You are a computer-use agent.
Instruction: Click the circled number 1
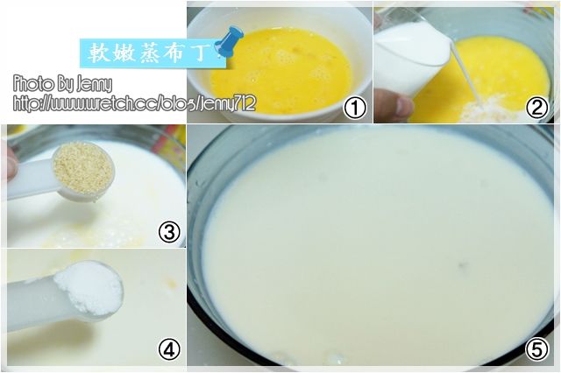(355, 108)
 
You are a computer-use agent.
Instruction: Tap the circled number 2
(537, 108)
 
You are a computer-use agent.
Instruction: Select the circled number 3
(169, 232)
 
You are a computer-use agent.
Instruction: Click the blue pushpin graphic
(229, 41)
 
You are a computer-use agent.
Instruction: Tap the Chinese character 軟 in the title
(98, 53)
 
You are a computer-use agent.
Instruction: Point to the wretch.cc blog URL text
(134, 104)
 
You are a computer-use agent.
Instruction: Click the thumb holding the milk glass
(394, 104)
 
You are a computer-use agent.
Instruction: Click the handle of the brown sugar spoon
(31, 179)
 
